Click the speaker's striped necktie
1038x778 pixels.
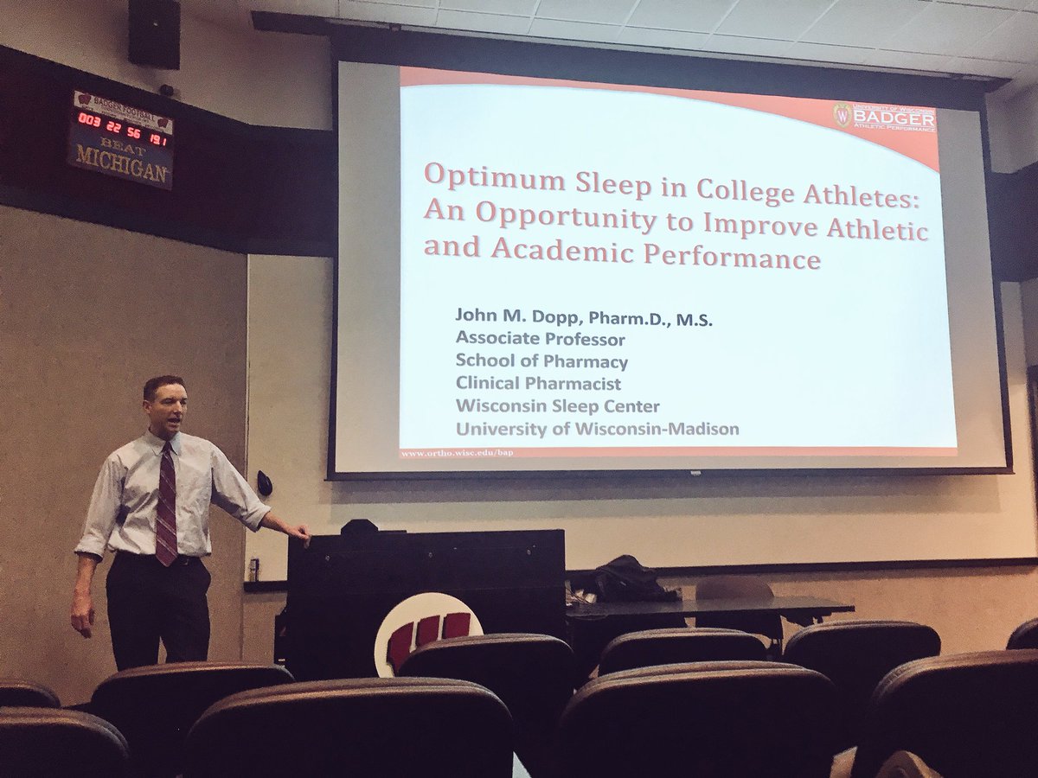point(166,502)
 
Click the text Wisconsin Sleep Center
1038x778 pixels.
point(557,406)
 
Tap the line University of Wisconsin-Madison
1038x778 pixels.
point(597,429)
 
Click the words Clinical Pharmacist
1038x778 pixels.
point(538,384)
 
